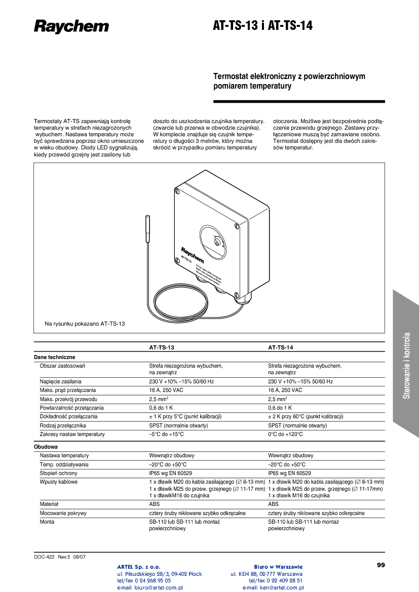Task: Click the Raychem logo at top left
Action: click(x=71, y=26)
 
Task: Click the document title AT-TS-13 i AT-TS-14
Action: click(x=262, y=26)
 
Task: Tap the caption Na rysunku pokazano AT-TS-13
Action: click(x=85, y=323)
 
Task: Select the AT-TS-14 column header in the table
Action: click(x=280, y=348)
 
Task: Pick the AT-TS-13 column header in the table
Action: click(x=161, y=348)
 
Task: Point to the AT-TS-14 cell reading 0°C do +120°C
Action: click(x=285, y=434)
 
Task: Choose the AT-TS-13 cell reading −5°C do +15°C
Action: click(x=166, y=434)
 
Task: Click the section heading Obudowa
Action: click(x=46, y=447)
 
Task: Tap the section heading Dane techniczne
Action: click(x=54, y=357)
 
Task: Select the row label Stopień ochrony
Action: click(x=59, y=473)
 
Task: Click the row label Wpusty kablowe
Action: click(x=58, y=482)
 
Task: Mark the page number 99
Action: click(x=381, y=565)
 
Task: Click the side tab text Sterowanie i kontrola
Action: click(x=406, y=365)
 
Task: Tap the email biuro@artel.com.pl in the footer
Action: click(x=150, y=588)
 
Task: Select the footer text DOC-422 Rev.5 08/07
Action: click(x=60, y=557)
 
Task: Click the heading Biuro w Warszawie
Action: click(x=278, y=567)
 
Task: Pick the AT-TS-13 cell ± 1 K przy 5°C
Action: click(x=185, y=416)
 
